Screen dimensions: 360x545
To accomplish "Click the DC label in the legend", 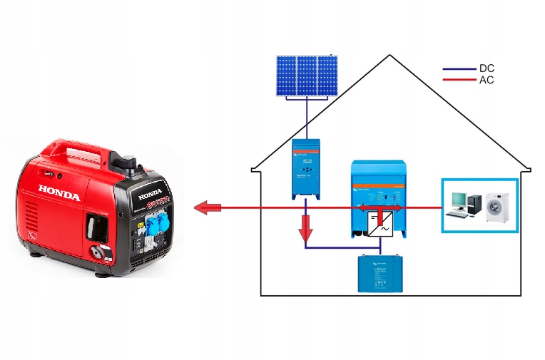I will (x=487, y=68).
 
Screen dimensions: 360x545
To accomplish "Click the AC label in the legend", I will (x=487, y=80).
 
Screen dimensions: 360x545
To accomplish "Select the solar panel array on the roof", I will (x=307, y=76).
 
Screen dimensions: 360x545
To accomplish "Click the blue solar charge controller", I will (x=306, y=168).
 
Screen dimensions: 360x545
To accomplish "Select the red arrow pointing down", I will (x=306, y=229).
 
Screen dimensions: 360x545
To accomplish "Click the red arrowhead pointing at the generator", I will (x=205, y=208).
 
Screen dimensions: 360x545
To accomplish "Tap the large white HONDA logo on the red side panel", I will (x=59, y=192).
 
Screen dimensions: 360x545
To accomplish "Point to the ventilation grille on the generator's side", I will (x=33, y=213).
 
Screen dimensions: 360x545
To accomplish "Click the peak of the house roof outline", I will (x=390, y=55).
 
